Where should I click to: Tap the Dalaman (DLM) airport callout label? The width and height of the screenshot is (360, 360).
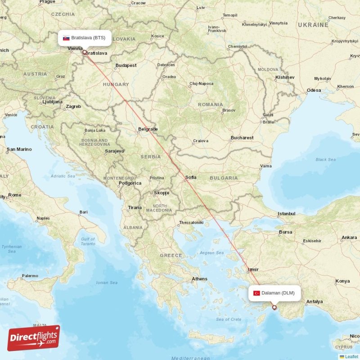click(274, 293)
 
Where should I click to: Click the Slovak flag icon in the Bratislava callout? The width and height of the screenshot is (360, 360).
click(66, 38)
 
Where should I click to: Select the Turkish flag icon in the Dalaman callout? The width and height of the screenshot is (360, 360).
click(256, 293)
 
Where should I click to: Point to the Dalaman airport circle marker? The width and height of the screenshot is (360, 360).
click(274, 308)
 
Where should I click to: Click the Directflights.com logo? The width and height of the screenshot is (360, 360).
click(34, 337)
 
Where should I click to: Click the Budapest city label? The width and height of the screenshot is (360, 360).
click(126, 65)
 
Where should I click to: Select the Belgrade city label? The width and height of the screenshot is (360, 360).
click(148, 129)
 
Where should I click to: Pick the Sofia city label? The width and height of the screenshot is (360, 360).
click(191, 177)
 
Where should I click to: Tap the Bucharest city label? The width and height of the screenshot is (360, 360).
click(242, 138)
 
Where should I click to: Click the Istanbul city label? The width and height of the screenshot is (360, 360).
click(286, 213)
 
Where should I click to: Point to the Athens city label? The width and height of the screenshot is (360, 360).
click(199, 279)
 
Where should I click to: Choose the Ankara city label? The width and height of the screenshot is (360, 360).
click(349, 237)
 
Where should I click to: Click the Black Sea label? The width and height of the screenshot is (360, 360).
click(325, 159)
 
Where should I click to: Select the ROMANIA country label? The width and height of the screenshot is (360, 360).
click(210, 104)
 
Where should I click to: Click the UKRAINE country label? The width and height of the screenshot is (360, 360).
click(313, 25)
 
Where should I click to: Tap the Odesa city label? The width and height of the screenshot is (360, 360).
click(314, 90)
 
